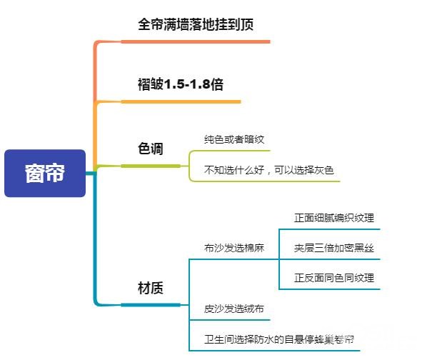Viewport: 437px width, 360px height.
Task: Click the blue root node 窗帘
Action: (44, 173)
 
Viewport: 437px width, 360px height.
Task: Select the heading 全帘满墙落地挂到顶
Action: (196, 24)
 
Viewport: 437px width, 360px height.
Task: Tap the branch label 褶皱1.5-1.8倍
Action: (181, 84)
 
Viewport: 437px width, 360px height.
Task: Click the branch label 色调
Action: (150, 149)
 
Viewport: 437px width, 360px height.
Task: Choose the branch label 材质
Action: (150, 289)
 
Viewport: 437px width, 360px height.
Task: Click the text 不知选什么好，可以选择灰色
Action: (269, 170)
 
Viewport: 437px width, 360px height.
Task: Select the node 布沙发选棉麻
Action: (234, 248)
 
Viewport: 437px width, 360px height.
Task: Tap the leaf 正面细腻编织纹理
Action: (333, 218)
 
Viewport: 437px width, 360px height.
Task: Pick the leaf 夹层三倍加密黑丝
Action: (333, 248)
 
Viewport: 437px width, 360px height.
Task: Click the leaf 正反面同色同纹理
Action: (333, 278)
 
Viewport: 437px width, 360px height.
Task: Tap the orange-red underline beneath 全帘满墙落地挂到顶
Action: (196, 41)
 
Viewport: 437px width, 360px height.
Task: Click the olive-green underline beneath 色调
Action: (150, 166)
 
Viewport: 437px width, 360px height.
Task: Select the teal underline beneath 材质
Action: (150, 305)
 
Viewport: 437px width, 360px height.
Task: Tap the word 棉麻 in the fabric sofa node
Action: (254, 248)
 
